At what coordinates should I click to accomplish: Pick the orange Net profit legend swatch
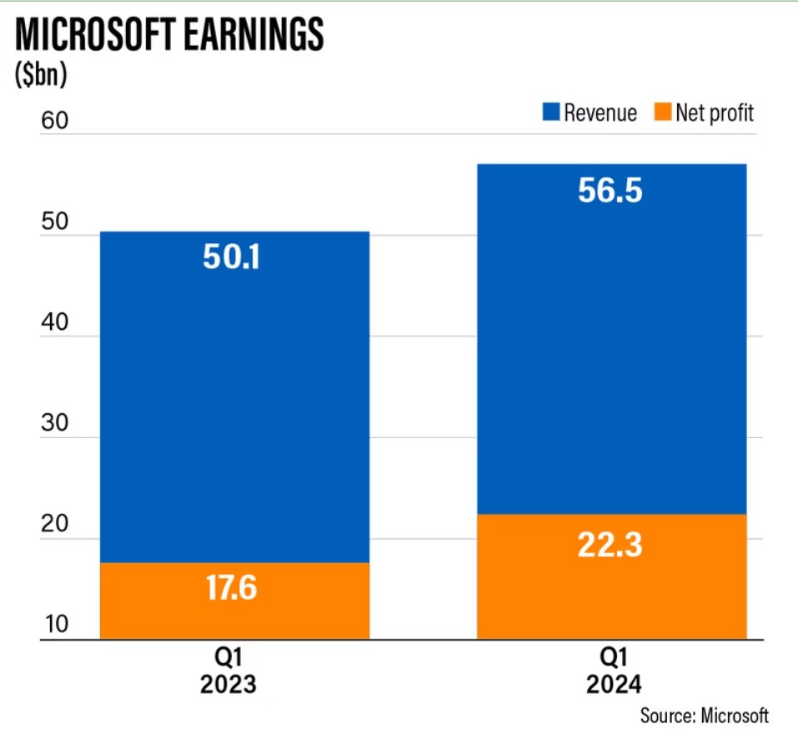pyautogui.click(x=662, y=112)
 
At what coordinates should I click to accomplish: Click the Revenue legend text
pyautogui.click(x=600, y=112)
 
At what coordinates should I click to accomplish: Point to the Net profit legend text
pyautogui.click(x=715, y=112)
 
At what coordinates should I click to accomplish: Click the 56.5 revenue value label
pyautogui.click(x=610, y=191)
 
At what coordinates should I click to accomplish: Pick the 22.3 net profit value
pyautogui.click(x=610, y=546)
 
